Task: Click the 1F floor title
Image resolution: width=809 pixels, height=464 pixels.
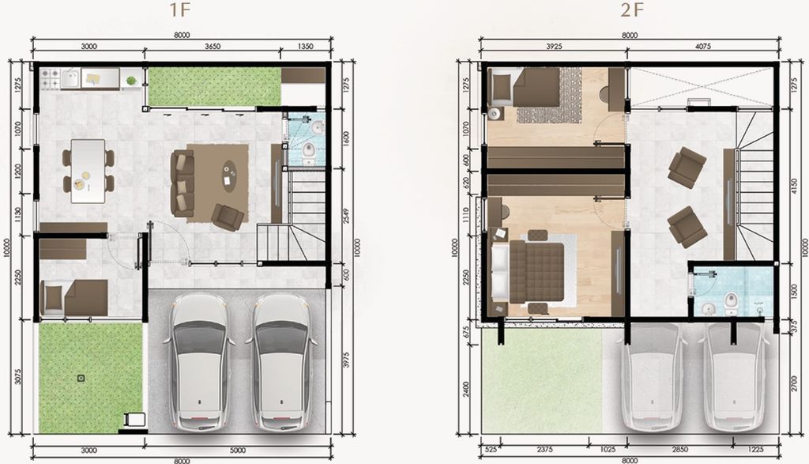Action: (x=179, y=10)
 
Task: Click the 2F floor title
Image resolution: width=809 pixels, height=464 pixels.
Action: (x=632, y=10)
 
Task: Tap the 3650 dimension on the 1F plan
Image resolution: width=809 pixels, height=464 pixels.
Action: (x=213, y=47)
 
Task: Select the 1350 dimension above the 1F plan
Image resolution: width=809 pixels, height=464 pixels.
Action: (x=306, y=47)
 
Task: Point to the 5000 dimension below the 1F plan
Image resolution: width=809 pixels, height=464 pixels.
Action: (x=237, y=451)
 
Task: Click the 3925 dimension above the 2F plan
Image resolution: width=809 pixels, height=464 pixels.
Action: (x=554, y=47)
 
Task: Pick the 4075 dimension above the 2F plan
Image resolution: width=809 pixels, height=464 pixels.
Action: (x=702, y=47)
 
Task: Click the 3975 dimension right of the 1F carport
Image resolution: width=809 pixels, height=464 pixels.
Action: (x=346, y=360)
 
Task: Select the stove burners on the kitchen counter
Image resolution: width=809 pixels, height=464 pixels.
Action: (x=50, y=78)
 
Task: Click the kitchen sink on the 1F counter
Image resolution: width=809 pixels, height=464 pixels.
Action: (x=70, y=79)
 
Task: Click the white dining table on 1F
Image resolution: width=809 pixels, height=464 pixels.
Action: (x=88, y=171)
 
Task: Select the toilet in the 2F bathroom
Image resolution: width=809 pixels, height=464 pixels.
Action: (x=732, y=304)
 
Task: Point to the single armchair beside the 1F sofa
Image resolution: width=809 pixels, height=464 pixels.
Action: (x=228, y=217)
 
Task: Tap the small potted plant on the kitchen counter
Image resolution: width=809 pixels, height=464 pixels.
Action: (x=131, y=81)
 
